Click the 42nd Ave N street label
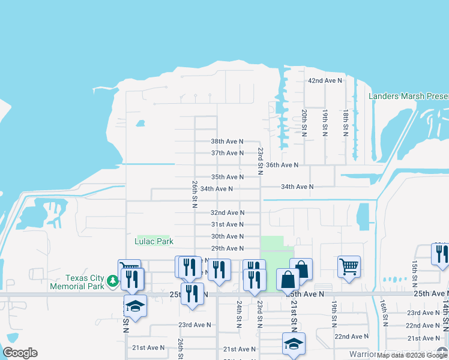pyautogui.click(x=324, y=80)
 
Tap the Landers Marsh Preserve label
pyautogui.click(x=408, y=96)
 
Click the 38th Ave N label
pyautogui.click(x=227, y=142)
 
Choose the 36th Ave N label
pyautogui.click(x=282, y=165)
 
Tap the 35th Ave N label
pyautogui.click(x=227, y=177)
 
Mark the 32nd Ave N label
pyautogui.click(x=227, y=212)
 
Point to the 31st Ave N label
pyautogui.click(x=227, y=224)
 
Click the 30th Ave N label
pyautogui.click(x=227, y=236)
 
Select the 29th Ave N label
pyautogui.click(x=227, y=248)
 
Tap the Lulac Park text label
pyautogui.click(x=154, y=242)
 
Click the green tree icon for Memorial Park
pyautogui.click(x=112, y=280)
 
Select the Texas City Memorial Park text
pyautogui.click(x=84, y=282)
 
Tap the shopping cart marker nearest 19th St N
pyautogui.click(x=349, y=266)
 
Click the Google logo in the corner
pyautogui.click(x=20, y=353)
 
